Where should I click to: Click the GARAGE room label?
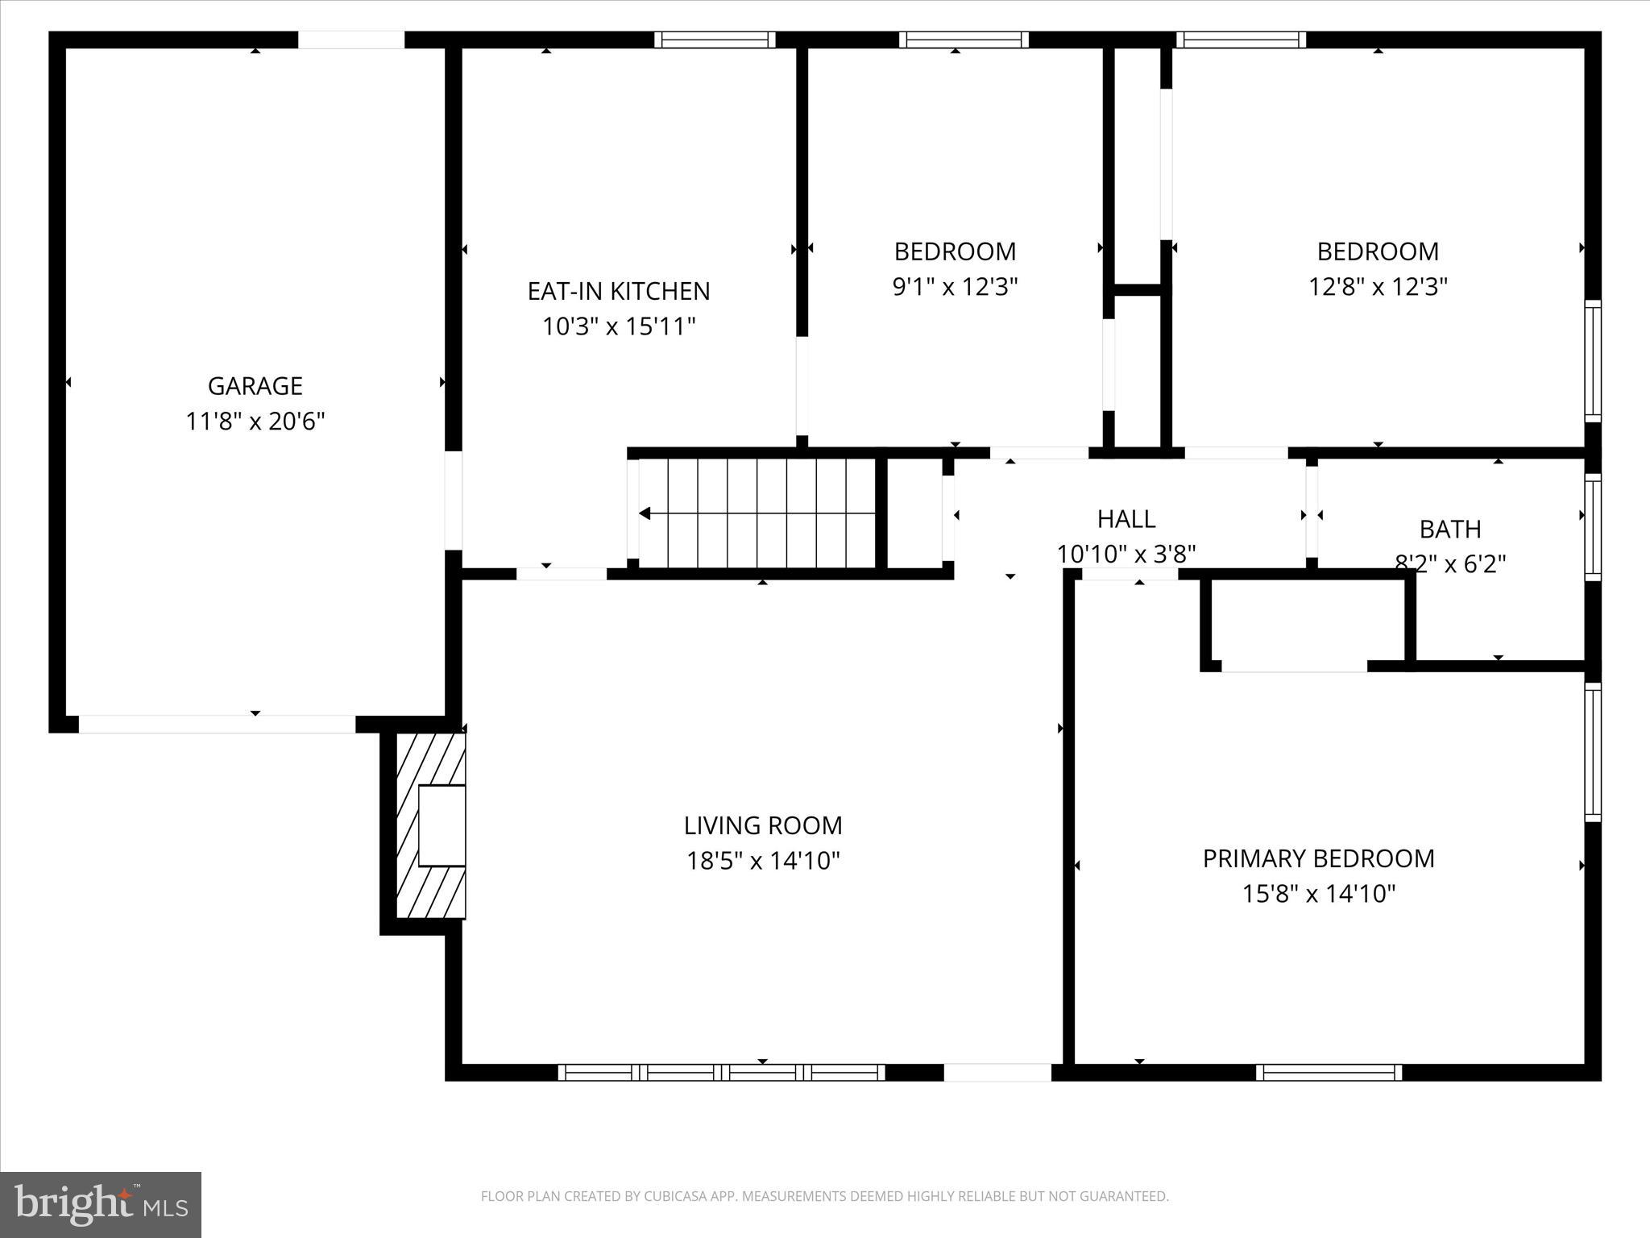(x=255, y=386)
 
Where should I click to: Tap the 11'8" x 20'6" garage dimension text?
(x=255, y=422)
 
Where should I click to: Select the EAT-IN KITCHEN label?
(x=618, y=291)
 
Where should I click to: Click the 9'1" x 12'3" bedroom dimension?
(x=955, y=287)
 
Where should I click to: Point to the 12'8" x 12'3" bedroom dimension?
(x=1378, y=287)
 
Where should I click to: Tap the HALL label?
(x=1126, y=519)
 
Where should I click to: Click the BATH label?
(x=1449, y=530)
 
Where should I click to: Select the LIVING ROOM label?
(x=762, y=825)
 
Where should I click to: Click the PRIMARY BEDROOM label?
(x=1318, y=858)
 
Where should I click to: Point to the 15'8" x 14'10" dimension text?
(x=1318, y=894)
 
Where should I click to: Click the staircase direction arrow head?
(x=645, y=513)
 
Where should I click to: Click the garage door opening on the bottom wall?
(x=216, y=724)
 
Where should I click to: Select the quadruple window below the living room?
(x=721, y=1072)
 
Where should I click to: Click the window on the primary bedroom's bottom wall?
(x=1329, y=1072)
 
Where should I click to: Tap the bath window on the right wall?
(x=1592, y=526)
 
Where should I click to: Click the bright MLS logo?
(x=101, y=1204)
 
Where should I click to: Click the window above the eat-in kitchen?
(x=714, y=39)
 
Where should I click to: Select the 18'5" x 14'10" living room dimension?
(x=762, y=861)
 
